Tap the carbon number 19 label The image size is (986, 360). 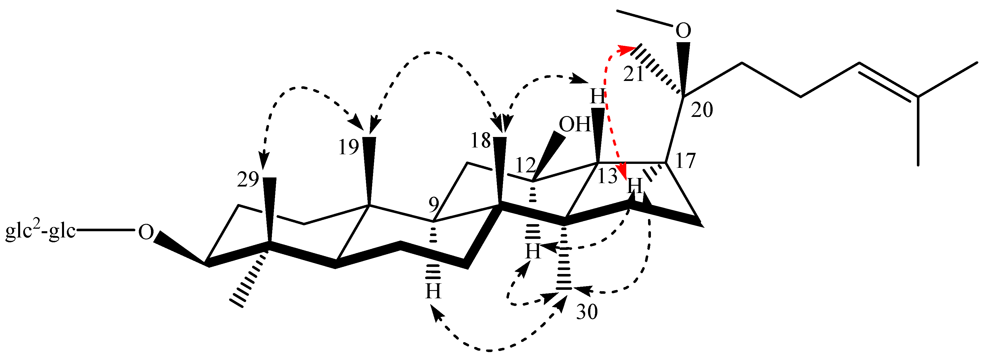coord(348,147)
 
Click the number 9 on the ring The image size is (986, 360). coord(434,205)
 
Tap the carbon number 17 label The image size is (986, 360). coord(685,161)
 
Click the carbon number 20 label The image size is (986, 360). coord(703,110)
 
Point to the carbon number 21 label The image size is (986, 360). coord(633,74)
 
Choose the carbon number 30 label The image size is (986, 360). coord(587,312)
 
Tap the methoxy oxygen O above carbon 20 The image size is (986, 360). coord(683,31)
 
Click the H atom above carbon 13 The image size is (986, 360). coord(597,97)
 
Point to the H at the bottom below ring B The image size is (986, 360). coord(433,292)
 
